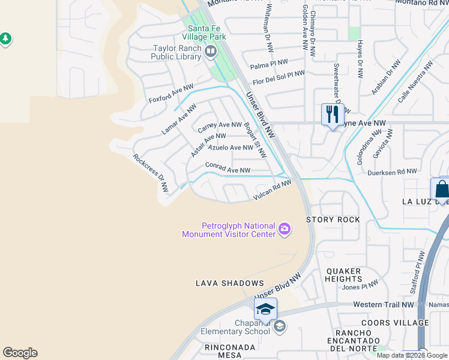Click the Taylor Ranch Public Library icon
(210, 52)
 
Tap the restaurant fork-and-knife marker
(331, 113)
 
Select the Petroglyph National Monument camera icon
(284, 229)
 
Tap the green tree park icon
(5, 39)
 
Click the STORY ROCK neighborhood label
(333, 220)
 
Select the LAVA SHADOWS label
(230, 283)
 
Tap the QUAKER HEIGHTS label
(344, 275)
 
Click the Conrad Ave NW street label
(228, 167)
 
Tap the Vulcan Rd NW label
(272, 190)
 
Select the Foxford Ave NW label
(172, 94)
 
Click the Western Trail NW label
(383, 305)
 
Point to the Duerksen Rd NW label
(392, 172)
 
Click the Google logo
(20, 353)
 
